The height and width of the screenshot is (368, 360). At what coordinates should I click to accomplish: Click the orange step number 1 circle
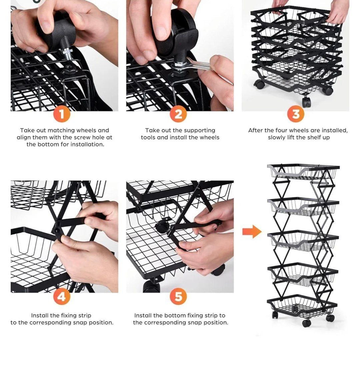pyautogui.click(x=62, y=114)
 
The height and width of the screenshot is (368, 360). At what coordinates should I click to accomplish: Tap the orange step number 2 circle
pyautogui.click(x=178, y=114)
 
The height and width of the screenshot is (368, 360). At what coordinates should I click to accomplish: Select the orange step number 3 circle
pyautogui.click(x=296, y=114)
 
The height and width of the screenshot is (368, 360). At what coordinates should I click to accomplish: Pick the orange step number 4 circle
pyautogui.click(x=62, y=297)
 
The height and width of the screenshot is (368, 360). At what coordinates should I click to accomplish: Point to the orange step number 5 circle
pyautogui.click(x=178, y=297)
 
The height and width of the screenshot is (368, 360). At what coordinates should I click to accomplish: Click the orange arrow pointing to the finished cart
pyautogui.click(x=252, y=232)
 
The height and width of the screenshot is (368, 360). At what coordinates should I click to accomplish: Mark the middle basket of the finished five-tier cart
pyautogui.click(x=303, y=240)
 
